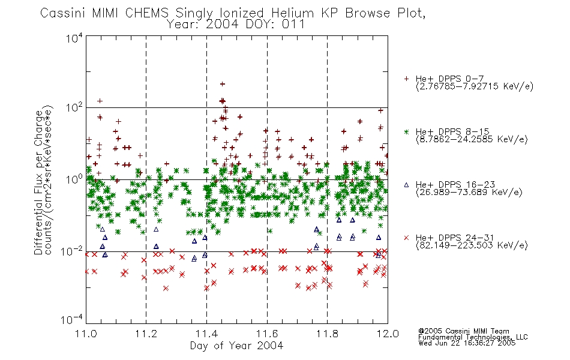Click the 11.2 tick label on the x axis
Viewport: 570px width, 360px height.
pyautogui.click(x=146, y=334)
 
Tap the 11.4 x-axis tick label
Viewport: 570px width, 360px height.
pyautogui.click(x=206, y=334)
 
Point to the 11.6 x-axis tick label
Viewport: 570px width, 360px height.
pyautogui.click(x=267, y=334)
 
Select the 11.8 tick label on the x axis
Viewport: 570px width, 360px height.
pyautogui.click(x=327, y=334)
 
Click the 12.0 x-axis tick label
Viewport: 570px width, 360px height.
pyautogui.click(x=388, y=334)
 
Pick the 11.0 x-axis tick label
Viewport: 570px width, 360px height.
pyautogui.click(x=86, y=334)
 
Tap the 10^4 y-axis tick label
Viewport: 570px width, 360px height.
pyautogui.click(x=74, y=38)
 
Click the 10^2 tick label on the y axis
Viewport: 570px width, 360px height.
pyautogui.click(x=74, y=107)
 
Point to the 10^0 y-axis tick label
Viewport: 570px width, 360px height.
pyautogui.click(x=74, y=179)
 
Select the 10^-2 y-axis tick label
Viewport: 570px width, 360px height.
pyautogui.click(x=72, y=251)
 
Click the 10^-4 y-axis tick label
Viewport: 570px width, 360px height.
pyautogui.click(x=72, y=320)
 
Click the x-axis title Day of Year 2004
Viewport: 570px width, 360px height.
pyautogui.click(x=236, y=346)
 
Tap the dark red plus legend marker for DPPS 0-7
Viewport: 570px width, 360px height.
pyautogui.click(x=406, y=79)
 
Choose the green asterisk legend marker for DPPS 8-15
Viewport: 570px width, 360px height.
pyautogui.click(x=406, y=131)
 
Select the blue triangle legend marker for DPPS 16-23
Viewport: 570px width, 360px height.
pyautogui.click(x=406, y=185)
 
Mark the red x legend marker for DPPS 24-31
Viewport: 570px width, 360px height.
pyautogui.click(x=406, y=238)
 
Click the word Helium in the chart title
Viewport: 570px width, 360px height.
pyautogui.click(x=292, y=13)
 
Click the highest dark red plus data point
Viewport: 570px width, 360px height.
pyautogui.click(x=222, y=84)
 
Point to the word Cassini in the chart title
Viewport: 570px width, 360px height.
pyautogui.click(x=62, y=13)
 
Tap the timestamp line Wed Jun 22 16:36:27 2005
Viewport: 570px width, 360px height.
pyautogui.click(x=467, y=343)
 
